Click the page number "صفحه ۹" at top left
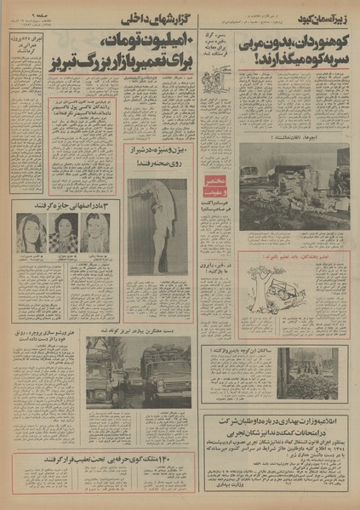25,16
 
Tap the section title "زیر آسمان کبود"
324,16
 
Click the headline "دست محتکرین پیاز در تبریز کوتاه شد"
157,337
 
